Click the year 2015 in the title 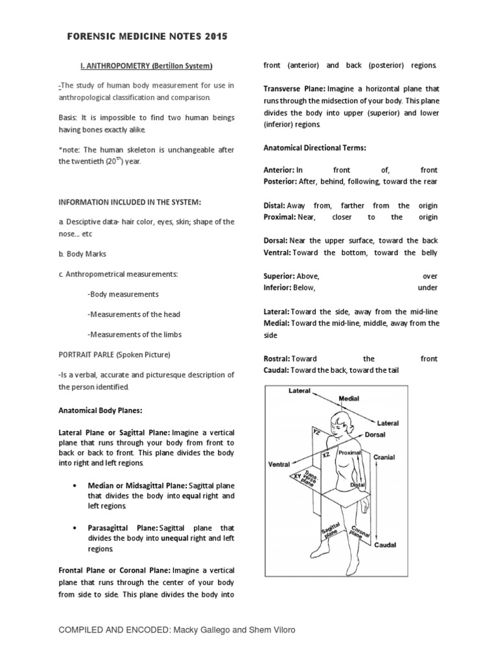214,37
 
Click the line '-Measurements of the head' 134,314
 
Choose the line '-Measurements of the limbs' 134,334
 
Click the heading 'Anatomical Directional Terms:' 314,148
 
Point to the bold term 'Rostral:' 277,358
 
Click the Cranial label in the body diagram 384,457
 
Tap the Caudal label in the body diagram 385,546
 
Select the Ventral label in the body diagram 279,465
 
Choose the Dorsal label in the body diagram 378,433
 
